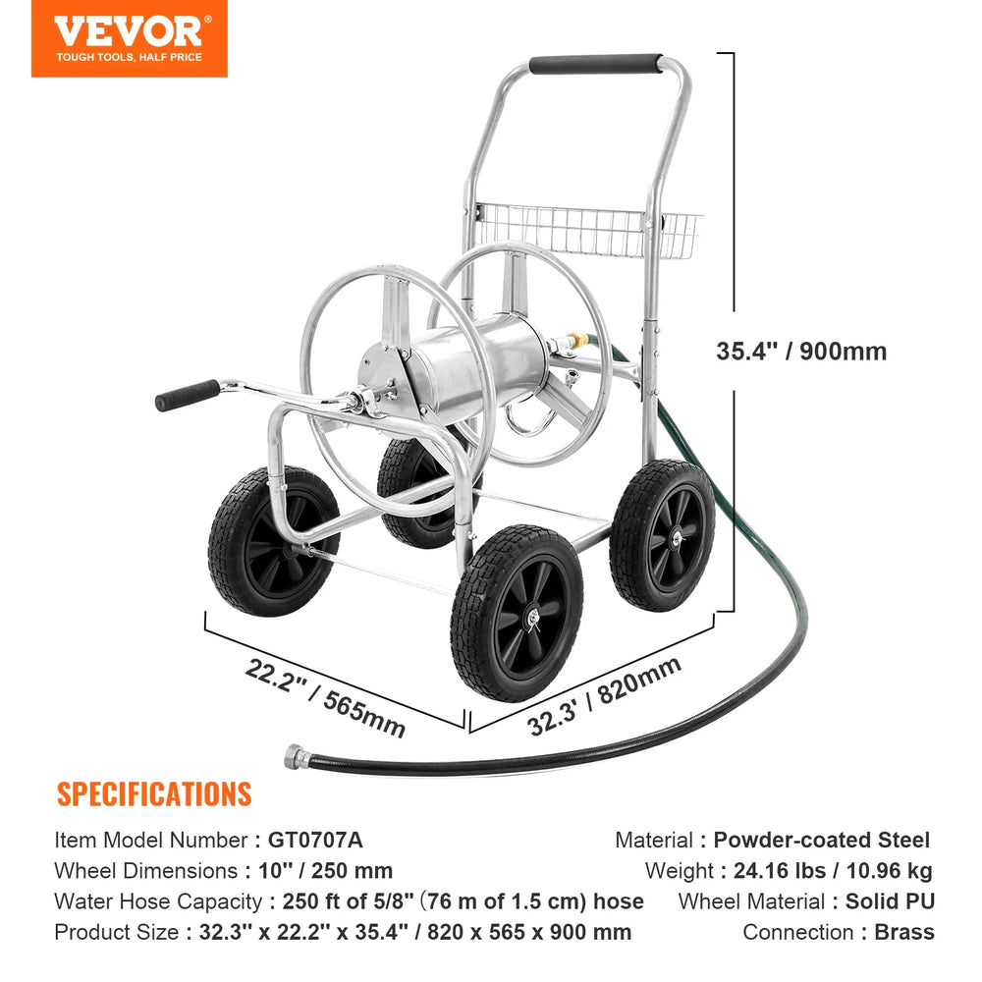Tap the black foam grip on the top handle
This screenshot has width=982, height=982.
(596, 63)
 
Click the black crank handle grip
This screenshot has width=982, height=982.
(188, 395)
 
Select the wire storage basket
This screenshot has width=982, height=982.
(587, 230)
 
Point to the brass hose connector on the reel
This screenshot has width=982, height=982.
(577, 341)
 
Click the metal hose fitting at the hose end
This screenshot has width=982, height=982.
(297, 756)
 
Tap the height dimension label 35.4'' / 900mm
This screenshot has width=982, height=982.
(801, 351)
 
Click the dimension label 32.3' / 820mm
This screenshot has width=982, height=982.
(604, 695)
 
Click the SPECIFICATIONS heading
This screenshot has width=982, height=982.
(154, 794)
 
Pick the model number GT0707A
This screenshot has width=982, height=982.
(315, 840)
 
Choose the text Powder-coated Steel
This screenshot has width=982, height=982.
(822, 840)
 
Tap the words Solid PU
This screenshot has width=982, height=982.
(890, 901)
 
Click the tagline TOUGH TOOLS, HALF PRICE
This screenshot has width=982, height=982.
(129, 57)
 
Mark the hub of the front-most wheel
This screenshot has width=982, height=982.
(533, 618)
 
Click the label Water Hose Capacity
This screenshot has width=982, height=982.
(158, 901)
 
